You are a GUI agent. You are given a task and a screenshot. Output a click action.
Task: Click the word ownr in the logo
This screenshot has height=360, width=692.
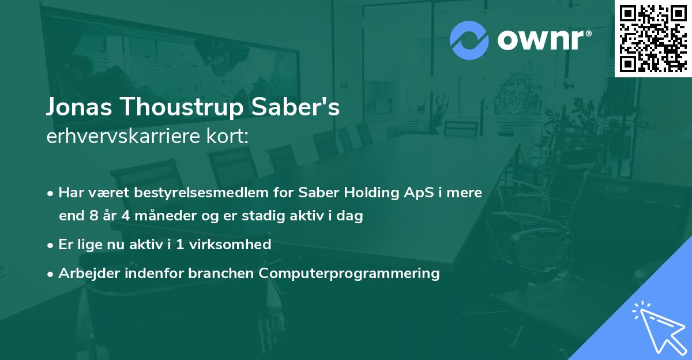tap(544, 40)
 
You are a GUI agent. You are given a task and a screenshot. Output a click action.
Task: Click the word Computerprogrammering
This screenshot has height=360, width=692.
tap(349, 273)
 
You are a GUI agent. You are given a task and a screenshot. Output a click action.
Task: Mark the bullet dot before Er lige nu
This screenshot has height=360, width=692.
tap(51, 245)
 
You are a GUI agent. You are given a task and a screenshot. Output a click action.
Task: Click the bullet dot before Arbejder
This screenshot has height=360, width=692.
tap(51, 273)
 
